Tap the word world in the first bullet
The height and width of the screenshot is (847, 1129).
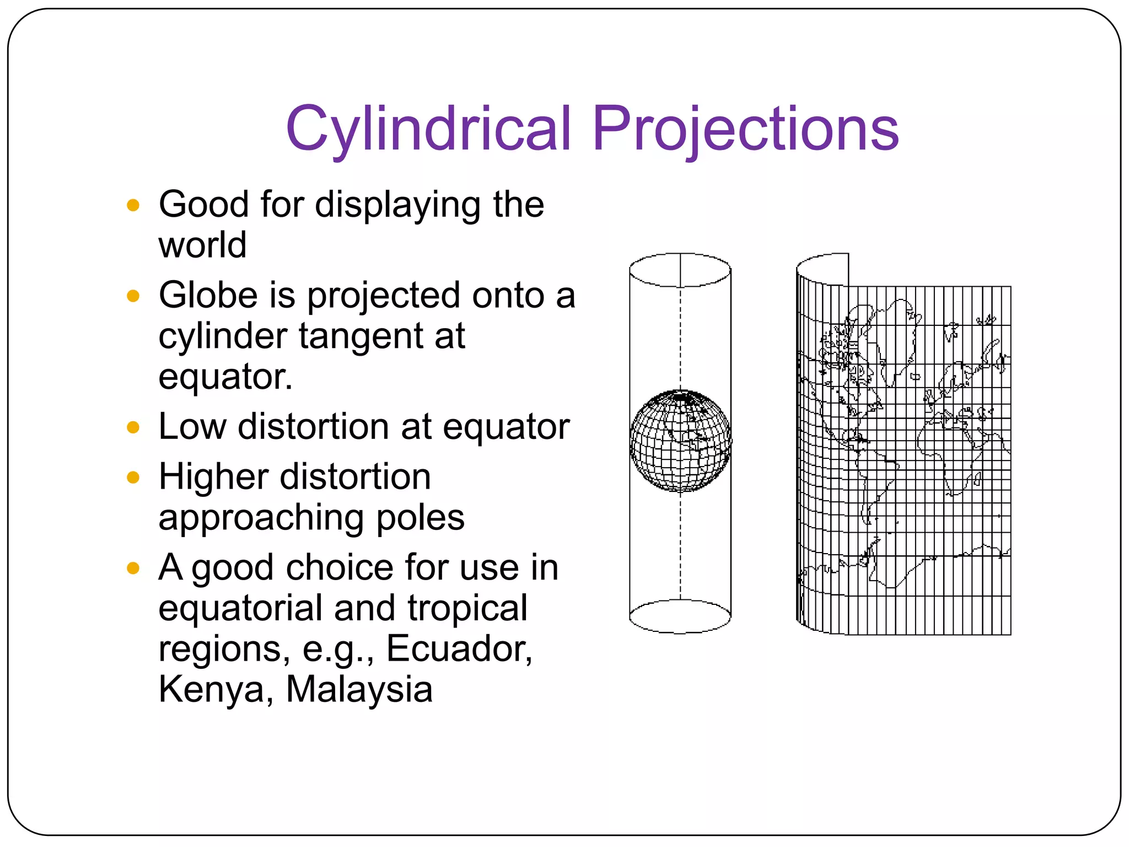[x=202, y=245]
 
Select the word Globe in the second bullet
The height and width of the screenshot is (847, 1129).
[x=208, y=295]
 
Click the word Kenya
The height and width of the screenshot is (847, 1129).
[x=215, y=689]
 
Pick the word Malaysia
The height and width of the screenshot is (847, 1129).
[x=359, y=689]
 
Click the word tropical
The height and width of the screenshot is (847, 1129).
[x=467, y=608]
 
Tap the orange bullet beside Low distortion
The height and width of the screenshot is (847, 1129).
[x=133, y=427]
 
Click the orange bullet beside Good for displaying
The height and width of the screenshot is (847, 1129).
[x=133, y=205]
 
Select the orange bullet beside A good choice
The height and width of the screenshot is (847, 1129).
[x=133, y=568]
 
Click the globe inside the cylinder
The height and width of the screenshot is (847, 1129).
[x=680, y=441]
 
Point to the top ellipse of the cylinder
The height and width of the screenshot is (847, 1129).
[x=680, y=270]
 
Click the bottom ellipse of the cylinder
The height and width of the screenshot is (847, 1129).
[x=680, y=616]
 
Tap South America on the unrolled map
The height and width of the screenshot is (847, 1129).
[x=874, y=480]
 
